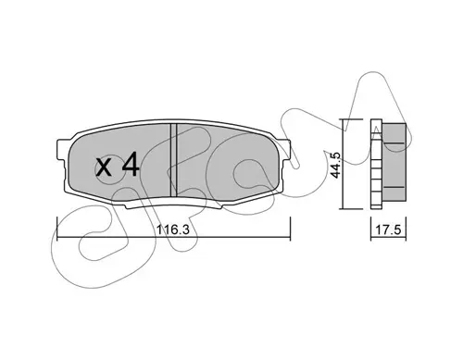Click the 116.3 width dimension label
pyautogui.click(x=172, y=230)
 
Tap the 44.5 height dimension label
pyautogui.click(x=335, y=165)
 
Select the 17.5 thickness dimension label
pyautogui.click(x=388, y=230)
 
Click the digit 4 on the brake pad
pyautogui.click(x=131, y=166)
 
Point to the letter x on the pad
pyautogui.click(x=104, y=168)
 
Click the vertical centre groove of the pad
pyautogui.click(x=174, y=160)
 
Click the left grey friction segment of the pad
pyautogui.click(x=119, y=163)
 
